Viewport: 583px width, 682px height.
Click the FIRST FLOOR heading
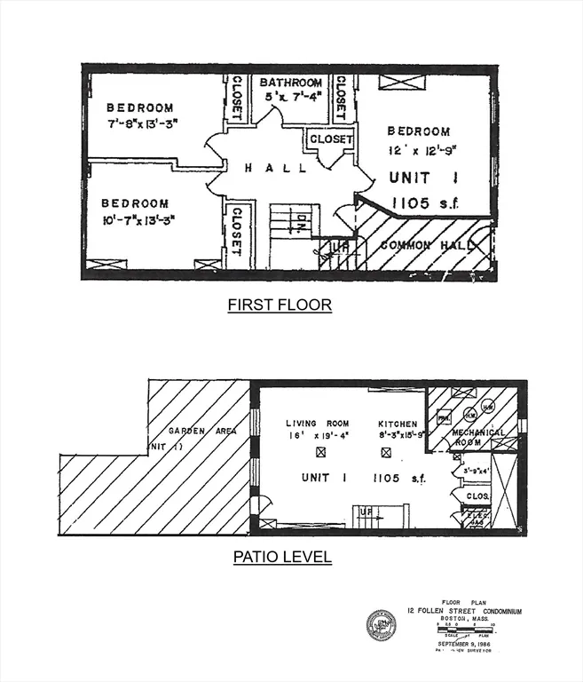(x=280, y=305)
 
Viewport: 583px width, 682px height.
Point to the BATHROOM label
(x=292, y=82)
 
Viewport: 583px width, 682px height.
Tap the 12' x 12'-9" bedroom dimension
(x=422, y=149)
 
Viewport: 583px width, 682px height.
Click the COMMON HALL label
(x=423, y=244)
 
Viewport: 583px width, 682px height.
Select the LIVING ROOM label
(x=317, y=424)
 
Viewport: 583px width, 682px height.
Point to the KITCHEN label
(x=397, y=424)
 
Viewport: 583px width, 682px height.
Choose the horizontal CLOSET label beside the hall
(x=331, y=139)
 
